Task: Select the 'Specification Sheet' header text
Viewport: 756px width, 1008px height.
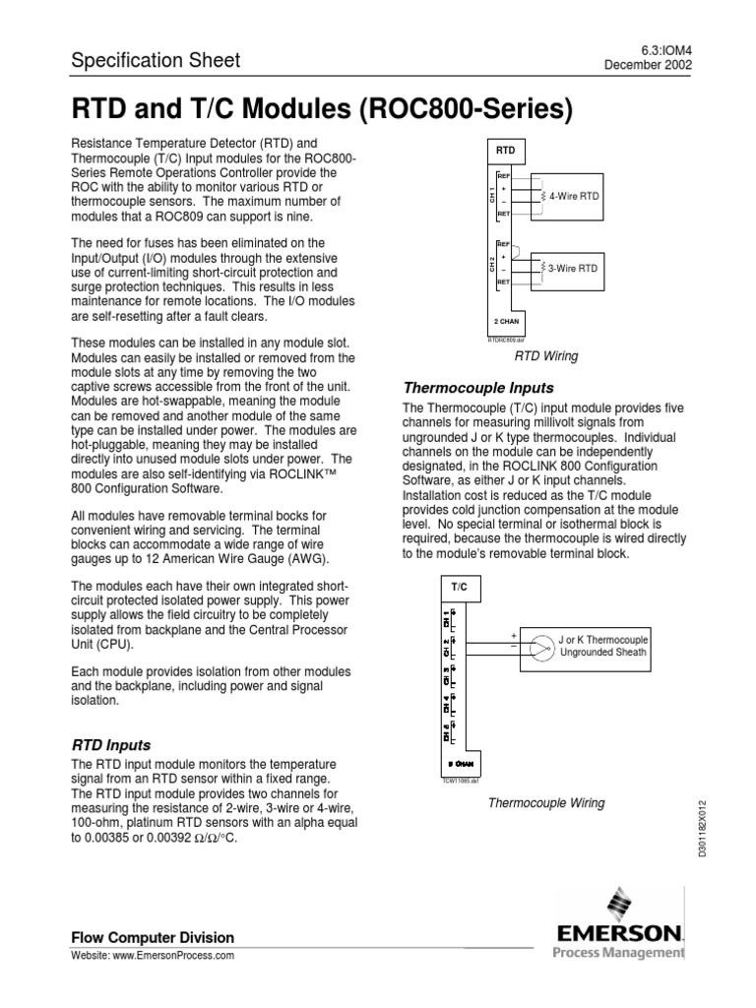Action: tap(155, 61)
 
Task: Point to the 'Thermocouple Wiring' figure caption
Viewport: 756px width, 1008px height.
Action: tap(547, 803)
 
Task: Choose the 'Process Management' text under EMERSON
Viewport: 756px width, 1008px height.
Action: tap(617, 952)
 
